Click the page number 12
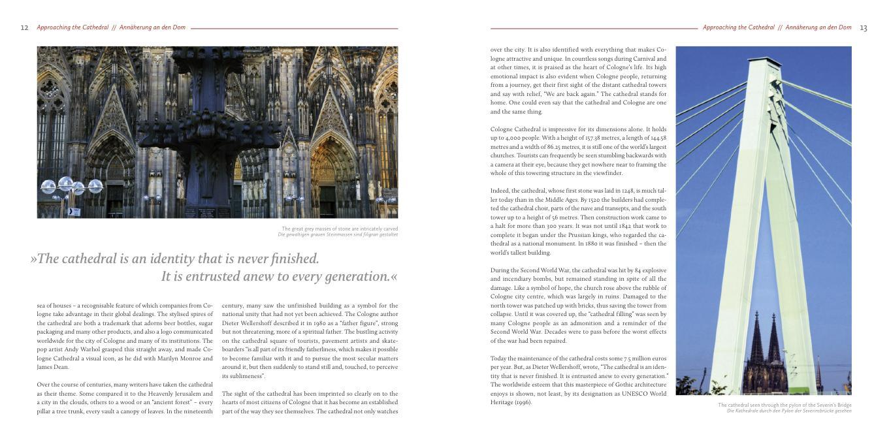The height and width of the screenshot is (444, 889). click(25, 28)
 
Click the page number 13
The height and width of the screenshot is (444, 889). click(864, 28)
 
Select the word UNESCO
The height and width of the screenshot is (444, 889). click(632, 394)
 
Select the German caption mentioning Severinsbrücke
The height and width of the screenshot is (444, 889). click(789, 411)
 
